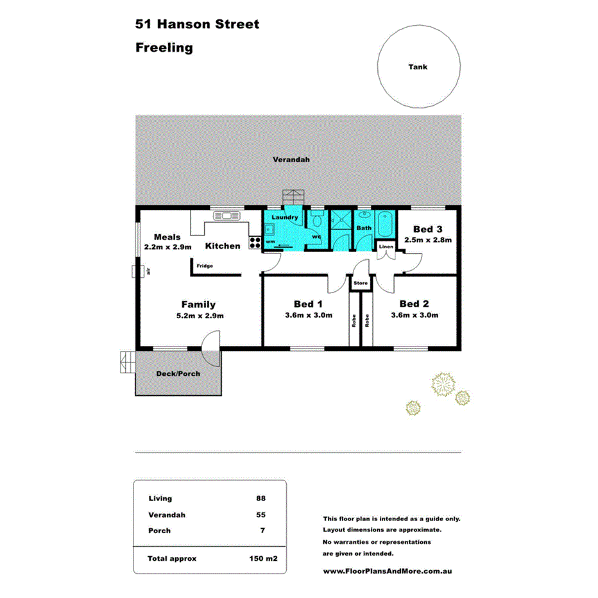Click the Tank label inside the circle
tap(418, 67)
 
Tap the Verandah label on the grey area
tap(291, 159)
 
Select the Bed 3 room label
tap(427, 229)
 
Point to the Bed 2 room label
tap(414, 303)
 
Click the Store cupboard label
tap(360, 282)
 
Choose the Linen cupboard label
tap(386, 246)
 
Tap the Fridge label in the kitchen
tap(205, 266)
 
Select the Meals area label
tap(167, 237)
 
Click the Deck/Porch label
tap(178, 373)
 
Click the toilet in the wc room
tap(316, 221)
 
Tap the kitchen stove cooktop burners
tap(254, 243)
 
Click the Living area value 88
tap(260, 498)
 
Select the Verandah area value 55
tap(260, 515)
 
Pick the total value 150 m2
tap(263, 559)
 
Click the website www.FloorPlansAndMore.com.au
tap(388, 570)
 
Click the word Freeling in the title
tap(164, 47)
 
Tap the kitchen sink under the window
tap(226, 216)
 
